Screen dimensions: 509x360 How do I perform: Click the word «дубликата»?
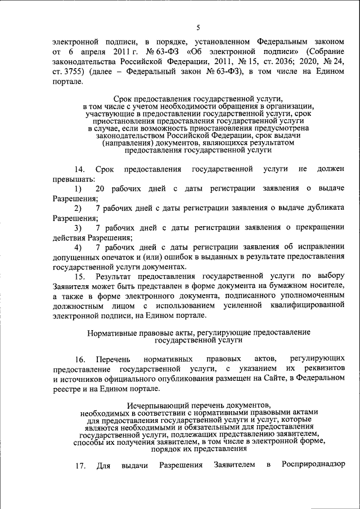pos(322,208)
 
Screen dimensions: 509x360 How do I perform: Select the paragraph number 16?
pos(79,359)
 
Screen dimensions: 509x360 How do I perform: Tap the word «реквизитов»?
pos(323,368)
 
